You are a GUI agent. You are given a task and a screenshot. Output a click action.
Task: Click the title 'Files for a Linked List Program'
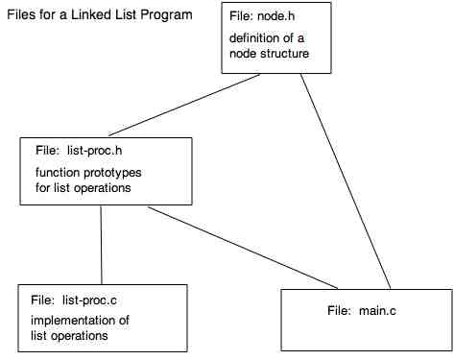click(99, 16)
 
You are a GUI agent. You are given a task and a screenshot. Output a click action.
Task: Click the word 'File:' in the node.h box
click(243, 18)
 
